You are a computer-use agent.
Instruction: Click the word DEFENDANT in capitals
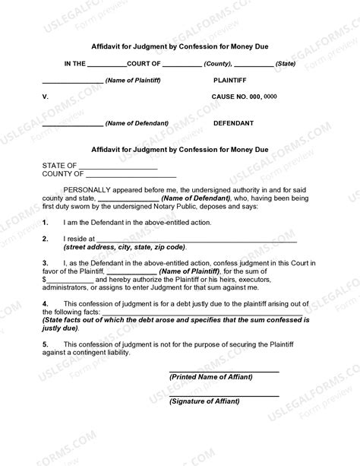(234, 122)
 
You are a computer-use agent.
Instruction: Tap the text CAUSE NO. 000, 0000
(244, 97)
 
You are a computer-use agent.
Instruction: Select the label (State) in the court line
(286, 65)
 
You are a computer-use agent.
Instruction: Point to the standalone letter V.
(45, 97)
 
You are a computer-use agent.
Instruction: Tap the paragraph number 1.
(46, 222)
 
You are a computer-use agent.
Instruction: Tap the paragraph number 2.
(46, 239)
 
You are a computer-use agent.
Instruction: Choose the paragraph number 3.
(46, 262)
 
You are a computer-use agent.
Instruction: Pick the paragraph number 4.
(46, 303)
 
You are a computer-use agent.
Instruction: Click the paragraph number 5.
(46, 344)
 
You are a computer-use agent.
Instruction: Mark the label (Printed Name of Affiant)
(211, 377)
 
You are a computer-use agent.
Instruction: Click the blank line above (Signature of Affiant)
(223, 394)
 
